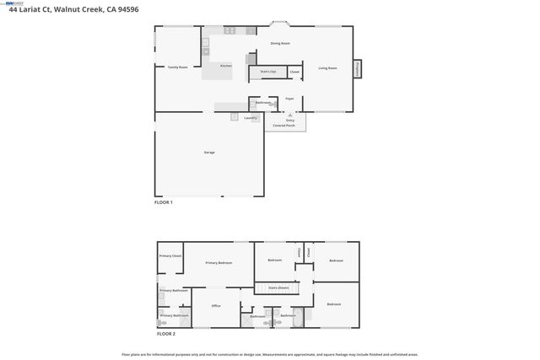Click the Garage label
point(208,153)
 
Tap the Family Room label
point(177,67)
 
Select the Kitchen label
point(226,66)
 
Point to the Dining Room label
point(280,43)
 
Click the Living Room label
point(327,67)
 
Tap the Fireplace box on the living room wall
point(358,68)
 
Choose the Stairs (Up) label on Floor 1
point(267,73)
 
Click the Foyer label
point(289,99)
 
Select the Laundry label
point(251,118)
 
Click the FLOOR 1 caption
point(163,202)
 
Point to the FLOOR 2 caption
point(166,334)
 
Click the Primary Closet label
point(170,255)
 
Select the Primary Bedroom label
point(219,263)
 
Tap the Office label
point(216,305)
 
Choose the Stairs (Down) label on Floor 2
point(279,288)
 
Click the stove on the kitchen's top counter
point(229,30)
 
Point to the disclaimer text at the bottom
point(269,354)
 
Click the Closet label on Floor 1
point(294,73)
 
